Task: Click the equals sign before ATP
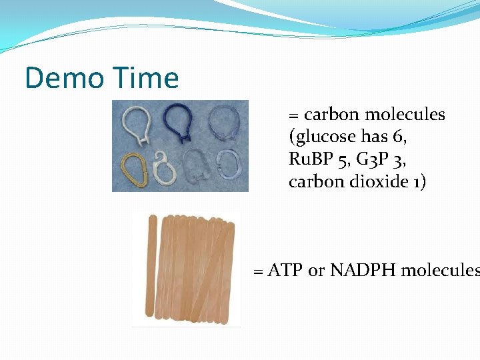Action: click(x=259, y=271)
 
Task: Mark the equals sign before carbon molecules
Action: click(x=294, y=115)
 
